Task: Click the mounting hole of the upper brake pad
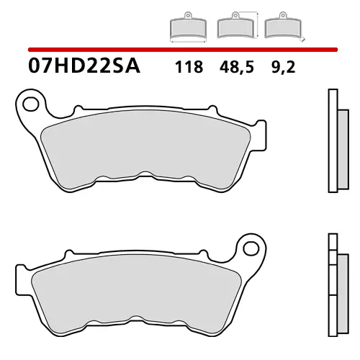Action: click(x=31, y=104)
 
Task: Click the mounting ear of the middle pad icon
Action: click(x=231, y=17)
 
